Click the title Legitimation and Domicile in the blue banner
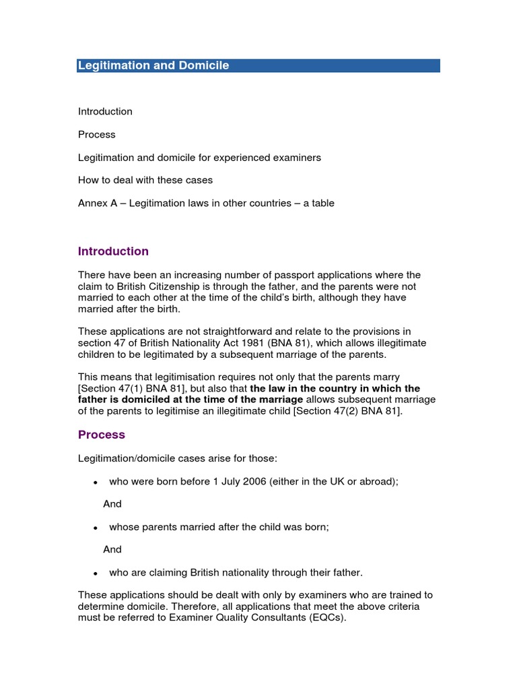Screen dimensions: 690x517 (153, 65)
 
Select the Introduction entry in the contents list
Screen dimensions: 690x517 (105, 111)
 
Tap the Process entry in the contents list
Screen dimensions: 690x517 (97, 134)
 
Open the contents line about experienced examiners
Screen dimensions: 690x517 (199, 157)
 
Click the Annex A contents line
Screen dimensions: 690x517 (206, 203)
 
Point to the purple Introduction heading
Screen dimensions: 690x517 (113, 251)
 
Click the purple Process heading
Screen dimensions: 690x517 (102, 435)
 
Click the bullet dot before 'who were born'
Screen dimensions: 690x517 (96, 482)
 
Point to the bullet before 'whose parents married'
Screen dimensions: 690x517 (96, 528)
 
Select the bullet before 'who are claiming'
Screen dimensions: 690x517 (96, 573)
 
